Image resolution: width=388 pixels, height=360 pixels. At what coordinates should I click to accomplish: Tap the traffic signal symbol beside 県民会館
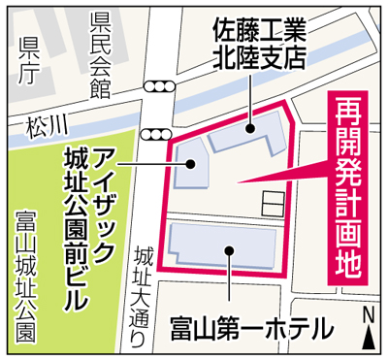point(156,87)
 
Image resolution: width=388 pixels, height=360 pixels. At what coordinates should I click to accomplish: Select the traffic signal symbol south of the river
point(156,133)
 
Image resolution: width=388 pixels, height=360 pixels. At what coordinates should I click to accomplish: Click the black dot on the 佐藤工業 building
point(249,127)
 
